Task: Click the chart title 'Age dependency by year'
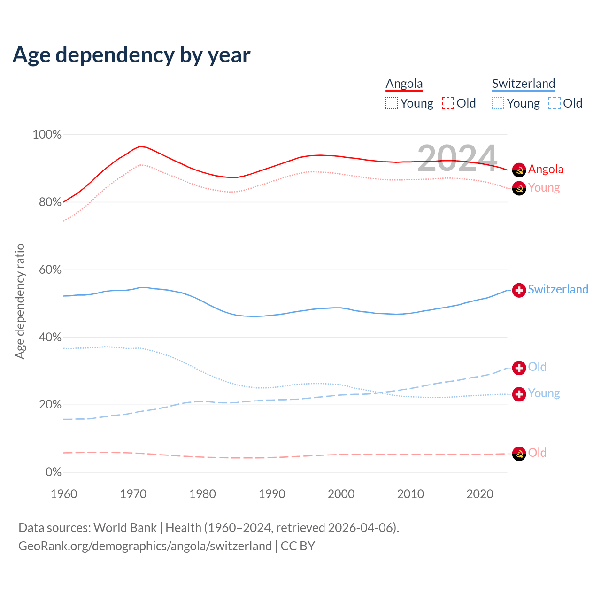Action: [131, 55]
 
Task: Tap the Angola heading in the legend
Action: [404, 84]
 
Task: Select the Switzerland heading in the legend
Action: [524, 84]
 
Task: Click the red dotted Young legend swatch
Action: [392, 103]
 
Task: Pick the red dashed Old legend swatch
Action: [448, 103]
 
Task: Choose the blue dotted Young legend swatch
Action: [498, 103]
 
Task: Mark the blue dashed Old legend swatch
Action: [555, 103]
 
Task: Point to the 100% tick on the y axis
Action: [47, 135]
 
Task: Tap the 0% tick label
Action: [53, 472]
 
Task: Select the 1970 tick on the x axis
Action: [133, 494]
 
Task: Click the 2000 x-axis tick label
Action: [341, 494]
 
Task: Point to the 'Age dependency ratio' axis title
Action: [20, 301]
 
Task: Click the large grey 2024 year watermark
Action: [457, 158]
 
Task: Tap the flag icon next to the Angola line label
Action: [519, 170]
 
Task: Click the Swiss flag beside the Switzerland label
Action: [519, 290]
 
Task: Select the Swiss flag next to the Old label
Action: [519, 368]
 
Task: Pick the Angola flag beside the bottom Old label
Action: [519, 454]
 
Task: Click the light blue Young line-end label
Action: [544, 393]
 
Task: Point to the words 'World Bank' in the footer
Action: [125, 528]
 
